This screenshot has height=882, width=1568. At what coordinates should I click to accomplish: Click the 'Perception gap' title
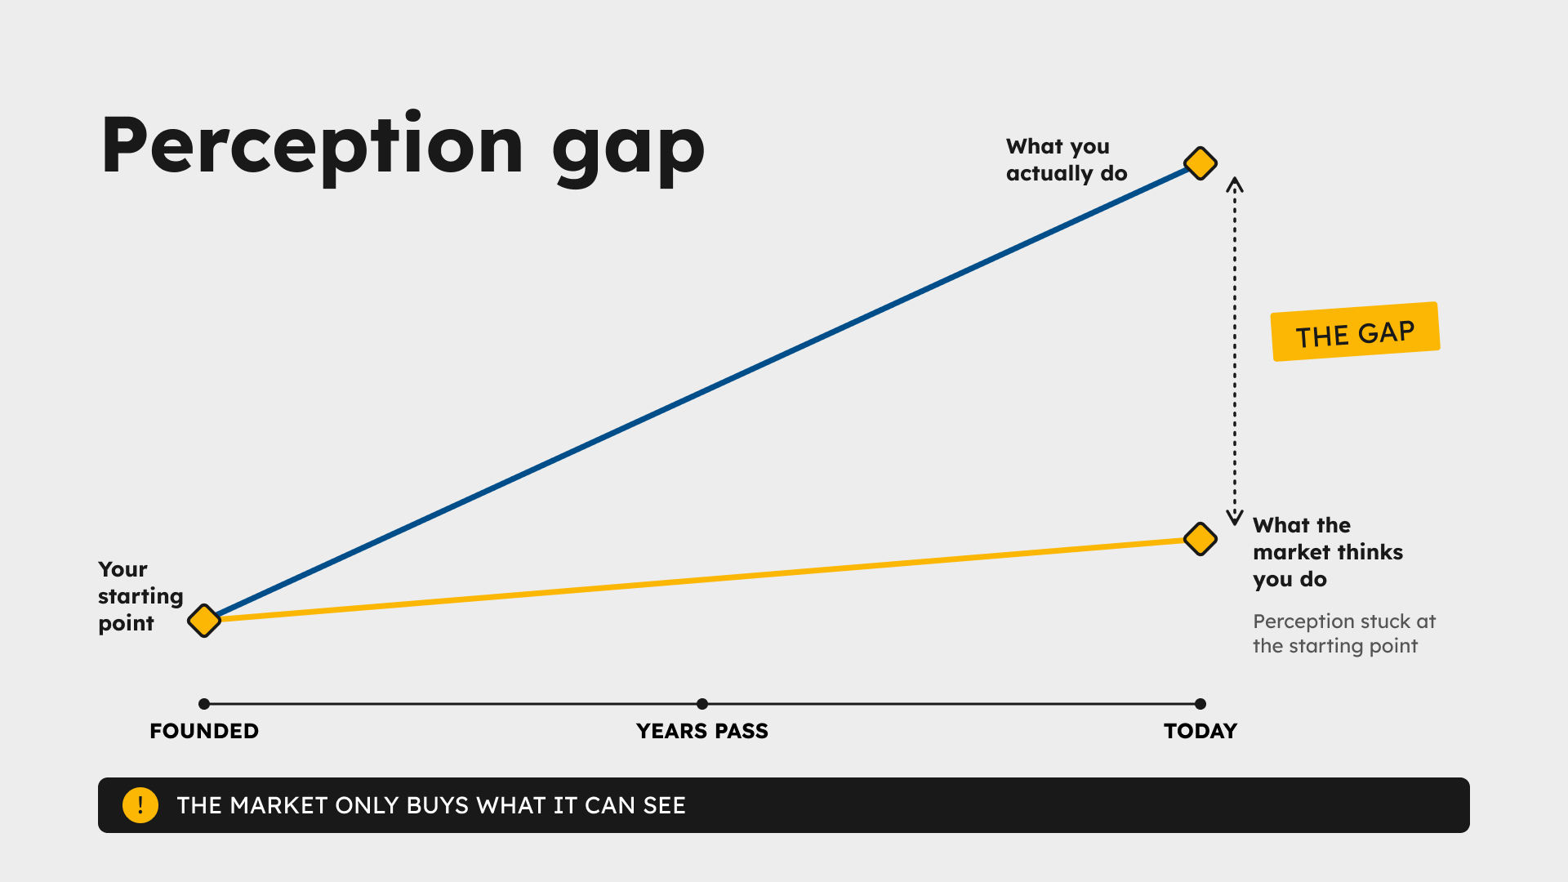[x=403, y=147]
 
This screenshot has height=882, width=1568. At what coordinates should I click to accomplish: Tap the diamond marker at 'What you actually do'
[x=1200, y=163]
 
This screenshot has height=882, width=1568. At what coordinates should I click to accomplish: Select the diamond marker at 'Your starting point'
[x=204, y=621]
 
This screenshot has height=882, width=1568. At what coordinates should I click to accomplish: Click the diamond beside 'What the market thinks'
[x=1200, y=539]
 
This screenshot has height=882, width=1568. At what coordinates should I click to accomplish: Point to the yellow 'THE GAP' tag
[x=1356, y=332]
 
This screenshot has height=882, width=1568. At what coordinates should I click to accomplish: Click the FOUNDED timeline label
[x=204, y=731]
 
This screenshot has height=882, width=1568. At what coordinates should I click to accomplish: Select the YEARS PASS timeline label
[x=702, y=731]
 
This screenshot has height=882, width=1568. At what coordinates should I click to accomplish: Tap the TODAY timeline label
[x=1200, y=731]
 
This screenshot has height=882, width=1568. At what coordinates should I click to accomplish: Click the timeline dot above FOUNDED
[x=204, y=704]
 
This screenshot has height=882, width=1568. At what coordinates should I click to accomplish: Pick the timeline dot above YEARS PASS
[x=702, y=704]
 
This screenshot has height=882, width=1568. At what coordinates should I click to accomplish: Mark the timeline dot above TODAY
[x=1200, y=704]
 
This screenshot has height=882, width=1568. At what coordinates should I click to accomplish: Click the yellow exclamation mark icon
[x=140, y=805]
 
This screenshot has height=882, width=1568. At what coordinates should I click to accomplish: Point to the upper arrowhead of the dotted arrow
[x=1235, y=184]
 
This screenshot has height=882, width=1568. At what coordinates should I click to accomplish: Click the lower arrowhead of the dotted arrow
[x=1235, y=518]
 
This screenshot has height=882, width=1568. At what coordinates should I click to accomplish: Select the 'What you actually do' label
[x=1067, y=160]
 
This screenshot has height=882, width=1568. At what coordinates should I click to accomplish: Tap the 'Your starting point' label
[x=140, y=596]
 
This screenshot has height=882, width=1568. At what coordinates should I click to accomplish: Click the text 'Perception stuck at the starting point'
[x=1344, y=634]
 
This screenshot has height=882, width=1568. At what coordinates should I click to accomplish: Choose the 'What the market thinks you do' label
[x=1328, y=552]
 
